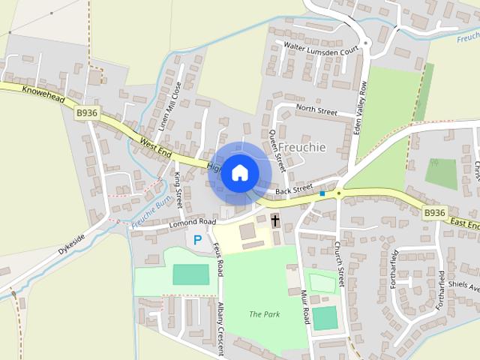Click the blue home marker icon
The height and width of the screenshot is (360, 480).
239,173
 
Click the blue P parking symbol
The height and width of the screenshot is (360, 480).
197,240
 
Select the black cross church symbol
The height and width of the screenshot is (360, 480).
275,220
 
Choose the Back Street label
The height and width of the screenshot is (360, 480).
292,191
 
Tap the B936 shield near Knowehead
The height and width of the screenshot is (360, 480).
86,112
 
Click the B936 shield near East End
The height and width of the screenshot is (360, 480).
434,213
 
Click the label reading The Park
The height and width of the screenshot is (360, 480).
264,314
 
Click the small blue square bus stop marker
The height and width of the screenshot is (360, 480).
322,194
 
